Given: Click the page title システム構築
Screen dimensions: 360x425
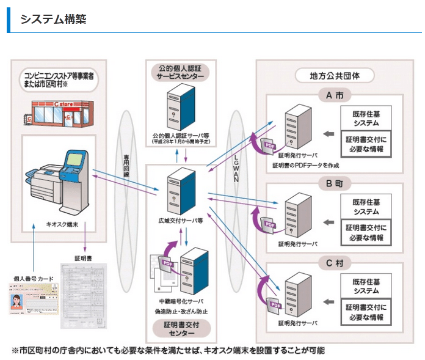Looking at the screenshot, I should tap(53, 19).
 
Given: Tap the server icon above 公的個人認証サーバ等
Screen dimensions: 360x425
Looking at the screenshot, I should tap(179, 108).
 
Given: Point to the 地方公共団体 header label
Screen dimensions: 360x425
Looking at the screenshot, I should tap(334, 76).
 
